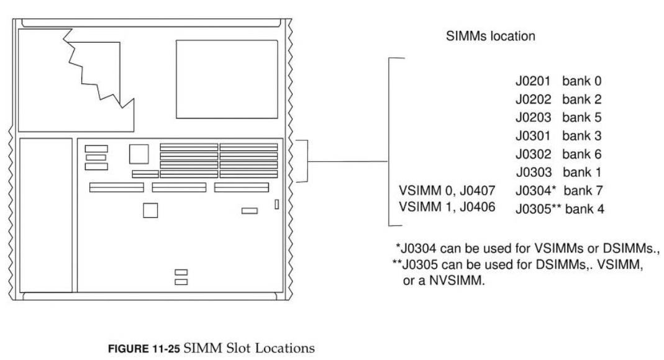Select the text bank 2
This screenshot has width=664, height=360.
[x=582, y=99]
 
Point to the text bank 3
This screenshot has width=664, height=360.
[x=582, y=135]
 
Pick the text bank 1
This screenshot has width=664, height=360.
[x=582, y=171]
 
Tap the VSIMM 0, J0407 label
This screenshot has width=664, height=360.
[x=447, y=189]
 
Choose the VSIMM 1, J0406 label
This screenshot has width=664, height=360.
[x=447, y=207]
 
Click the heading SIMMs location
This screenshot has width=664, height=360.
[x=491, y=37]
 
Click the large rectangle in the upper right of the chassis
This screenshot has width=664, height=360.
[x=227, y=71]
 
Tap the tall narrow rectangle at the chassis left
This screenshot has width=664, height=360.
[x=45, y=215]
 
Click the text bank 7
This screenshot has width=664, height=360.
[x=584, y=189]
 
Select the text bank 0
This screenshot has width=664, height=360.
[x=582, y=81]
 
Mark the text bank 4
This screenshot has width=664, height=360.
[x=584, y=208]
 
